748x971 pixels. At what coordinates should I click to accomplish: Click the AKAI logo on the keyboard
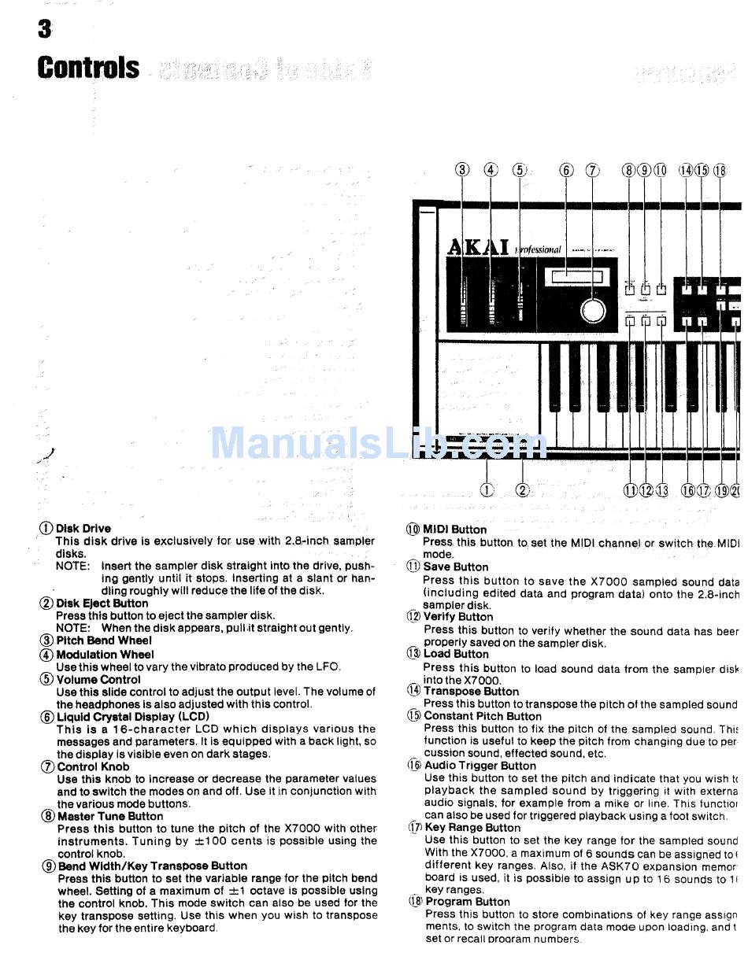point(478,247)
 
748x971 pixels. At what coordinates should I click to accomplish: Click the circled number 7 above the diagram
point(593,170)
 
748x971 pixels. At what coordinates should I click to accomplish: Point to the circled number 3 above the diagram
point(463,170)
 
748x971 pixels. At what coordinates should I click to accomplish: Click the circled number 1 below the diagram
point(487,490)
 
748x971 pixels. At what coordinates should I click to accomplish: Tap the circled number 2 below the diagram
point(523,490)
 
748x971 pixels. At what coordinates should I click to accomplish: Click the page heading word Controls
point(88,68)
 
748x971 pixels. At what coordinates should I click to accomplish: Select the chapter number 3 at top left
point(44,29)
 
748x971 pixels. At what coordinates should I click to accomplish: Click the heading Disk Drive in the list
point(83,529)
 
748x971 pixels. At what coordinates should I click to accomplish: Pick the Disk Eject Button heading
point(102,604)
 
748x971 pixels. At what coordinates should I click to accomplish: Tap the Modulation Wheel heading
point(105,654)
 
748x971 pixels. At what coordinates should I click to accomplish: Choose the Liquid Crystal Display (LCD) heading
point(132,717)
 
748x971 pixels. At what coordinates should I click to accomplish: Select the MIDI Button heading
point(454,530)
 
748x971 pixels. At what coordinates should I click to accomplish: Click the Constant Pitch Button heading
point(482,716)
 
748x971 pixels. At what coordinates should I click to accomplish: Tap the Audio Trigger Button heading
point(480,766)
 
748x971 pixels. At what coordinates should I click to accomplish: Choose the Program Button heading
point(468,902)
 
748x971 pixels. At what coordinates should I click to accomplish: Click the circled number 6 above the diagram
point(567,170)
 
